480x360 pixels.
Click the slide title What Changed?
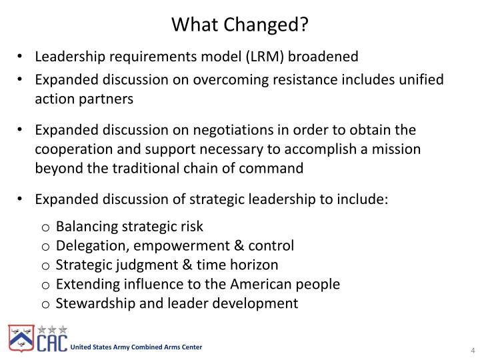[239, 25]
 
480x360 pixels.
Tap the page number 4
[471, 351]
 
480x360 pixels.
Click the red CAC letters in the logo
[51, 343]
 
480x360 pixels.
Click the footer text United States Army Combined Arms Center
[137, 347]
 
